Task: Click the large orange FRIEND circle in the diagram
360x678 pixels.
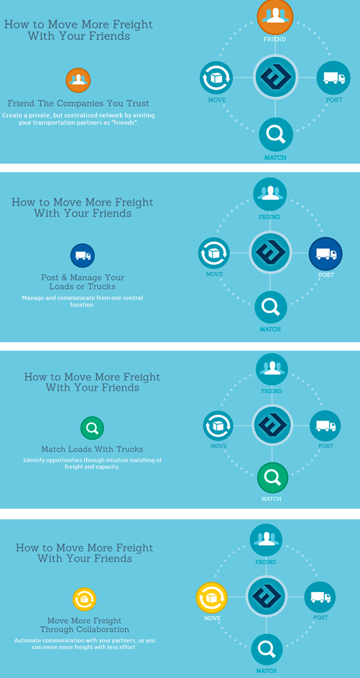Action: (x=275, y=16)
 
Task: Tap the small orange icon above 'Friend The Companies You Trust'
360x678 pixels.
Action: (x=78, y=80)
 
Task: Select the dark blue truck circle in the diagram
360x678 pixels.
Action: (x=325, y=254)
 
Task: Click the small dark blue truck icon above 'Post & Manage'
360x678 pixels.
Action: (x=83, y=255)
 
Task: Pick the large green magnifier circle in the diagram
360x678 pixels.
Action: (x=272, y=477)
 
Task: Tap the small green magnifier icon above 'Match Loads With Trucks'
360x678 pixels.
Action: (x=92, y=428)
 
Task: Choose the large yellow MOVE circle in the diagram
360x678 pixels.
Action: (x=212, y=598)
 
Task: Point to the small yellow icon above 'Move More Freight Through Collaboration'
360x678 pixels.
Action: (x=84, y=600)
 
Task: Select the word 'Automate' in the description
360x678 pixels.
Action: (x=26, y=640)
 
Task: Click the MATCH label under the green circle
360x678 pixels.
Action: (x=271, y=499)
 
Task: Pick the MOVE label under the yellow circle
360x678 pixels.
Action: (x=213, y=618)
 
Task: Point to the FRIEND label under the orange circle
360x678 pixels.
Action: (x=275, y=39)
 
